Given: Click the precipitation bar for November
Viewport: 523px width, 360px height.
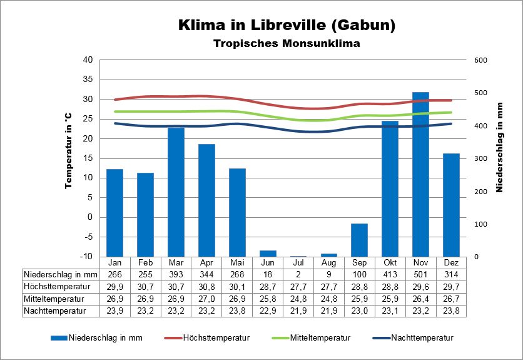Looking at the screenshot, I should point(420,174).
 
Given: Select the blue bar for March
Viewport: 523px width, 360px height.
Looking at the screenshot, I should point(176,192).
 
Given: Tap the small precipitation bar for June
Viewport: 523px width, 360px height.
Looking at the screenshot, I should point(268,254).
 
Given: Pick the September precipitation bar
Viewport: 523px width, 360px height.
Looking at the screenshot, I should point(359,240).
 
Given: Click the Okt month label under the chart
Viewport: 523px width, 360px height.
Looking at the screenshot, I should point(390,262).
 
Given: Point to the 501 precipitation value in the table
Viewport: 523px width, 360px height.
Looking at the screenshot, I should point(420,274).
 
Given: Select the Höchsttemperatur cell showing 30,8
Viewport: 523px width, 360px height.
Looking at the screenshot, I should point(206,286).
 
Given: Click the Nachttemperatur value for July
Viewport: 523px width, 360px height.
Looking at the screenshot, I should point(298,310).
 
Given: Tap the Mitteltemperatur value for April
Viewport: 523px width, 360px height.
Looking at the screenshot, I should point(206,298).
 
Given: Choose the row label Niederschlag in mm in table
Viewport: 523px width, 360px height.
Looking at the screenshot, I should point(61,274).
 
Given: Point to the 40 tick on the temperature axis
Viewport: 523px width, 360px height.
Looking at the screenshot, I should point(88,60).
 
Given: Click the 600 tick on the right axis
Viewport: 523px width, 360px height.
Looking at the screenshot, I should point(480,60).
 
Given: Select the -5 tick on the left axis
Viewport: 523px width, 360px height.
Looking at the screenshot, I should point(88,237).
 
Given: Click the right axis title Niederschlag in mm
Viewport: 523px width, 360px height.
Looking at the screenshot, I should point(499,148).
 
